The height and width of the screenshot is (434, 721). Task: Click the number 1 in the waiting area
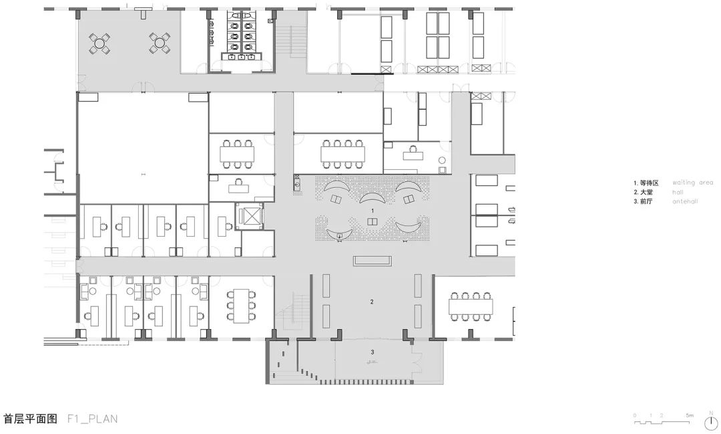coord(373,211)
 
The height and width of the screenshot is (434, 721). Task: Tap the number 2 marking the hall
coord(372,302)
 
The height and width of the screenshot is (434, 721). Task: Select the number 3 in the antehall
coord(372,352)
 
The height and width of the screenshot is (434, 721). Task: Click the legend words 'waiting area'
coord(692,182)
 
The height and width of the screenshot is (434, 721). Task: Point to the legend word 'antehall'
coord(685,201)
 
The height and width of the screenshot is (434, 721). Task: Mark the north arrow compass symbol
coord(711,419)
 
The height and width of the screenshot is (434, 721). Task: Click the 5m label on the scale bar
coord(689,415)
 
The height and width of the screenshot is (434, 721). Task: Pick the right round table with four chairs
coord(160,43)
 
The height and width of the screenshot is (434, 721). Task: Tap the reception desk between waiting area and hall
coord(372,260)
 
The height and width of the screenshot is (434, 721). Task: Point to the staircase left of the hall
coord(289,314)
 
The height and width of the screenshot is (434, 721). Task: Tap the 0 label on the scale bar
coord(635,415)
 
